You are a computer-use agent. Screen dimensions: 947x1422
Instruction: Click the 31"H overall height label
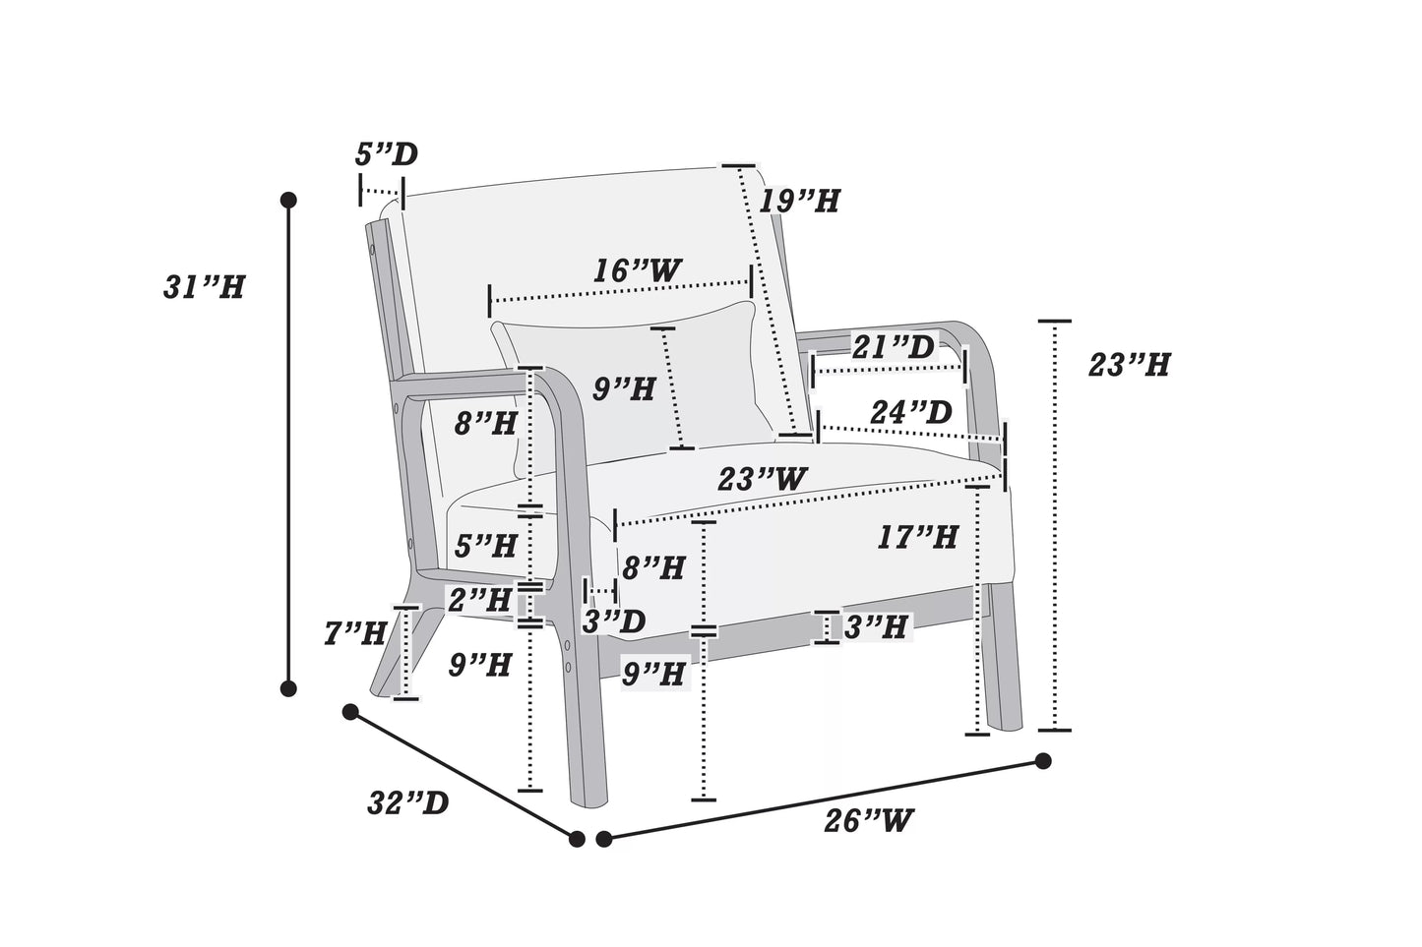tap(203, 287)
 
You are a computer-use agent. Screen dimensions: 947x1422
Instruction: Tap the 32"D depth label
tap(407, 803)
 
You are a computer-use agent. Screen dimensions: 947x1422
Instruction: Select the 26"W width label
tap(869, 819)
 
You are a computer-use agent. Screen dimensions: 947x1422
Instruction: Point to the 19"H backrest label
tap(799, 202)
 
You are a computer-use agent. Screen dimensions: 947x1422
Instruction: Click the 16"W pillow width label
tap(637, 270)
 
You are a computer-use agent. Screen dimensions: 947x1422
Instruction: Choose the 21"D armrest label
tap(893, 346)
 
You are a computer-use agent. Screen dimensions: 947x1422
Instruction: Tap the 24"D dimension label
tap(910, 412)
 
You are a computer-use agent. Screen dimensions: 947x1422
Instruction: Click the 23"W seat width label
tap(763, 480)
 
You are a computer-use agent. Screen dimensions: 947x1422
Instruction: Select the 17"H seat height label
tap(917, 537)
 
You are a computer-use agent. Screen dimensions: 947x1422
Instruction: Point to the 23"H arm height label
tap(1129, 365)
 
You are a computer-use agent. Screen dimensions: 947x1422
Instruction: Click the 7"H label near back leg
tap(354, 633)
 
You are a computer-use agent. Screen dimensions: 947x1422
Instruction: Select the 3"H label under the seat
tap(875, 626)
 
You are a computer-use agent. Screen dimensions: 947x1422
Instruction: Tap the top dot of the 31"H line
tap(288, 200)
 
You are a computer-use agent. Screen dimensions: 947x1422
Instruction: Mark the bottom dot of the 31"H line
tap(288, 688)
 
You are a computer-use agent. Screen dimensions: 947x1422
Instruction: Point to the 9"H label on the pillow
tap(624, 389)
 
